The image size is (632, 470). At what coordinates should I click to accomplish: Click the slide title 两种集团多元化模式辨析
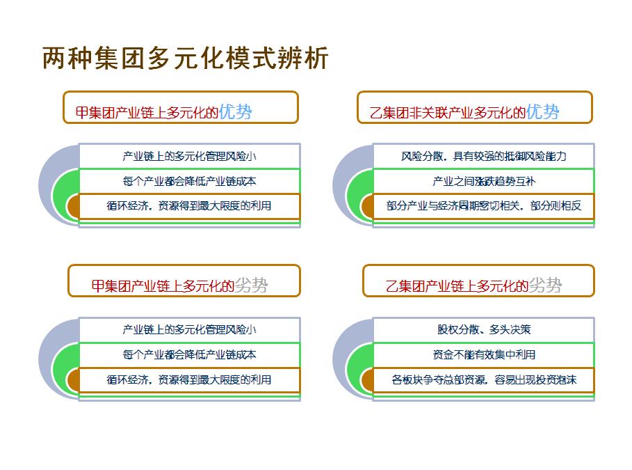tap(186, 58)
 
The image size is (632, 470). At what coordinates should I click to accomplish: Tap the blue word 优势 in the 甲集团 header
tap(236, 112)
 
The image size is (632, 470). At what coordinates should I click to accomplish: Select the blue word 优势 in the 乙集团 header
tap(543, 112)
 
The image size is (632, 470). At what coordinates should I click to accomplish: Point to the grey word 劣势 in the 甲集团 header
tap(252, 285)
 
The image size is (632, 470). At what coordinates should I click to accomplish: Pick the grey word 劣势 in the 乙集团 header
tap(545, 285)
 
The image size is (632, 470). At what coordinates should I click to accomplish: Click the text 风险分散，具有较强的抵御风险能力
tap(484, 156)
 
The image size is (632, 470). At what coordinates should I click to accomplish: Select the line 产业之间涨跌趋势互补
tap(484, 181)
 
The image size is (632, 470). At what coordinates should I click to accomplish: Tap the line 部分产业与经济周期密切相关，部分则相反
tap(484, 206)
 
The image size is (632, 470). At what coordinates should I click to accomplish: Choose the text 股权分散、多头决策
tap(484, 330)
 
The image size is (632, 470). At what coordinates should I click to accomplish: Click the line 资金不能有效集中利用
tap(484, 355)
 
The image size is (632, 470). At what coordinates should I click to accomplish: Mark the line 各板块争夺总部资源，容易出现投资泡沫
tap(484, 380)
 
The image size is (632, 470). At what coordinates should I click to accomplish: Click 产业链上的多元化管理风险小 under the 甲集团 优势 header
tap(189, 156)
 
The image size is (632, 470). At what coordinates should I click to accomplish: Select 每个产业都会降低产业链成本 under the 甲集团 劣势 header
tap(189, 355)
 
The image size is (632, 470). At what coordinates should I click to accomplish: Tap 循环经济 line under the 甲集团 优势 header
tap(189, 206)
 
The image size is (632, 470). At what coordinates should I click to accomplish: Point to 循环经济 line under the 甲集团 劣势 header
tap(189, 380)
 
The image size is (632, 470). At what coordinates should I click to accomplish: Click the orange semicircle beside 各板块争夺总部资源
tap(367, 380)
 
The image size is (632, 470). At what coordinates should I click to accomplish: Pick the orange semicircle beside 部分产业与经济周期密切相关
tap(367, 206)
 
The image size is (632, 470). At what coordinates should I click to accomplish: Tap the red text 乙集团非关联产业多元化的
tap(447, 113)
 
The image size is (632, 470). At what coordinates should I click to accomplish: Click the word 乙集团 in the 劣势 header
tap(405, 286)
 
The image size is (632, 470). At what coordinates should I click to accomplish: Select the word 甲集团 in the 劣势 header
tap(111, 286)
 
